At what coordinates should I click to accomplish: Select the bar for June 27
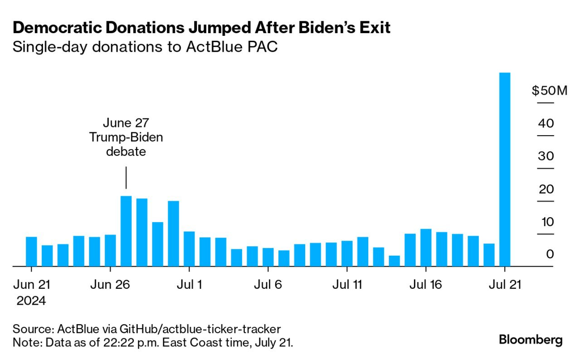pos(126,231)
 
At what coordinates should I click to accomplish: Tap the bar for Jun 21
pos(31,251)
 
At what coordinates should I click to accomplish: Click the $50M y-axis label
pos(549,91)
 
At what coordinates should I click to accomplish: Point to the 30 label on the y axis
pos(546,156)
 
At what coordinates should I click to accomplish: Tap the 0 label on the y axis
pos(550,254)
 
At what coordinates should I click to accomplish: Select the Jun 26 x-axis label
pos(110,285)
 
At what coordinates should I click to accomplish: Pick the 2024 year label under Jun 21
pos(31,301)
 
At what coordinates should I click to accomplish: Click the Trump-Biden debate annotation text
pos(126,137)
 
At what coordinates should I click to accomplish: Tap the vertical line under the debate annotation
pos(126,178)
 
